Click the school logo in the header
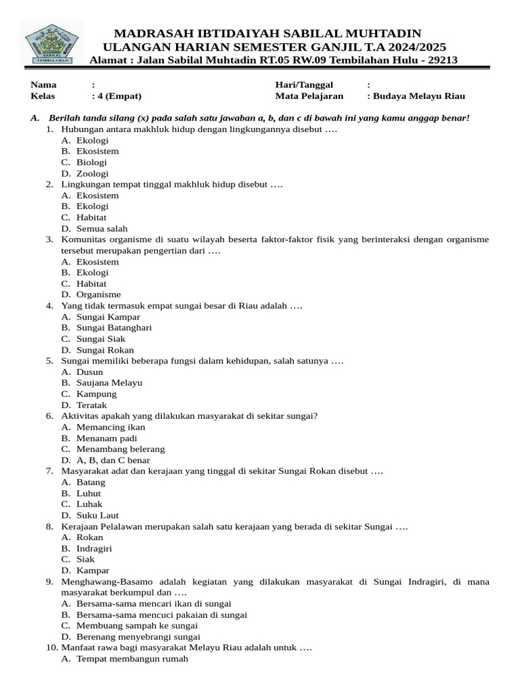click(x=51, y=43)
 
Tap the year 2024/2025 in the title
click(x=408, y=47)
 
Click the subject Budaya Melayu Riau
click(x=419, y=96)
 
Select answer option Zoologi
click(x=92, y=173)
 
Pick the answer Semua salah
click(x=102, y=229)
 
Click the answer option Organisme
click(x=98, y=294)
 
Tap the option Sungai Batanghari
click(x=114, y=328)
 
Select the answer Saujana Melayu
click(x=109, y=383)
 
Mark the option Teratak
click(x=91, y=405)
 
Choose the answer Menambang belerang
click(x=121, y=449)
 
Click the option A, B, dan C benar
click(x=113, y=460)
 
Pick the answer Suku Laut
click(x=97, y=516)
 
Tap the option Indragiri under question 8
click(x=94, y=549)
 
